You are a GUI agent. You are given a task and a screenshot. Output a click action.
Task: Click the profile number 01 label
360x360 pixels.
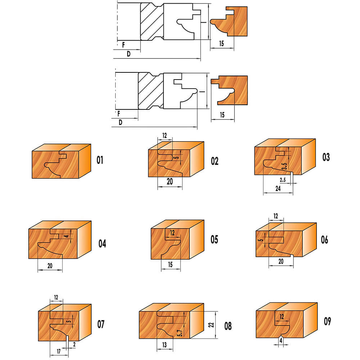click(x=100, y=160)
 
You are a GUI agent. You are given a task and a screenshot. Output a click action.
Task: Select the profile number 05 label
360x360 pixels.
click(x=214, y=239)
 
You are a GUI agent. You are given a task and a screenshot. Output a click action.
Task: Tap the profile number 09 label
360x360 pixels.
click(x=327, y=321)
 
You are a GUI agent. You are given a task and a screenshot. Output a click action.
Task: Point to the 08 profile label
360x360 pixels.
click(x=228, y=326)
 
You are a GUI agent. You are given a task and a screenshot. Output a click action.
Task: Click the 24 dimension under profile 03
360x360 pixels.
click(x=278, y=189)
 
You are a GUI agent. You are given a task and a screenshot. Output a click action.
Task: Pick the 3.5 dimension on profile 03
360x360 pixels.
click(x=284, y=166)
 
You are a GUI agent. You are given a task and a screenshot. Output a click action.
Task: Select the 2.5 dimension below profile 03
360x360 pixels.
click(x=283, y=180)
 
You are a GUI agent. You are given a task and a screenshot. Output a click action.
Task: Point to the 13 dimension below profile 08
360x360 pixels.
click(x=165, y=345)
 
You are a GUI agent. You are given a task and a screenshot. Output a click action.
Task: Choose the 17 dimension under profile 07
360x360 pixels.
click(x=59, y=351)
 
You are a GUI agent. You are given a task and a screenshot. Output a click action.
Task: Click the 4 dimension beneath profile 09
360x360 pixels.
click(x=281, y=341)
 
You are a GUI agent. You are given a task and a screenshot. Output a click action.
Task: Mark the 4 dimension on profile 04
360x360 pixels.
click(x=67, y=236)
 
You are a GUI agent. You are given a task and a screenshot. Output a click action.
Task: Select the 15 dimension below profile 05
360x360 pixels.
click(x=170, y=265)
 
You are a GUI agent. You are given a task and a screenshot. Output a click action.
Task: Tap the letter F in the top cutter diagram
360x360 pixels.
click(x=123, y=45)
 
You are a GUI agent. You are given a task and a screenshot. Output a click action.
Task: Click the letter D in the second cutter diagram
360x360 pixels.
click(x=120, y=122)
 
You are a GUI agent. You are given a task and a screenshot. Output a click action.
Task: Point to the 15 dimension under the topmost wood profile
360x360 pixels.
click(x=221, y=44)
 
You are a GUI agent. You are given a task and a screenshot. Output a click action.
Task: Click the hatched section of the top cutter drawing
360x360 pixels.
click(x=152, y=22)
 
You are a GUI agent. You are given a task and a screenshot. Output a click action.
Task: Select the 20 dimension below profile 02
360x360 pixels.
click(x=170, y=181)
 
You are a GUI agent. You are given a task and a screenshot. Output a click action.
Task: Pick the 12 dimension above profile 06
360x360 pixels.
click(x=276, y=216)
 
